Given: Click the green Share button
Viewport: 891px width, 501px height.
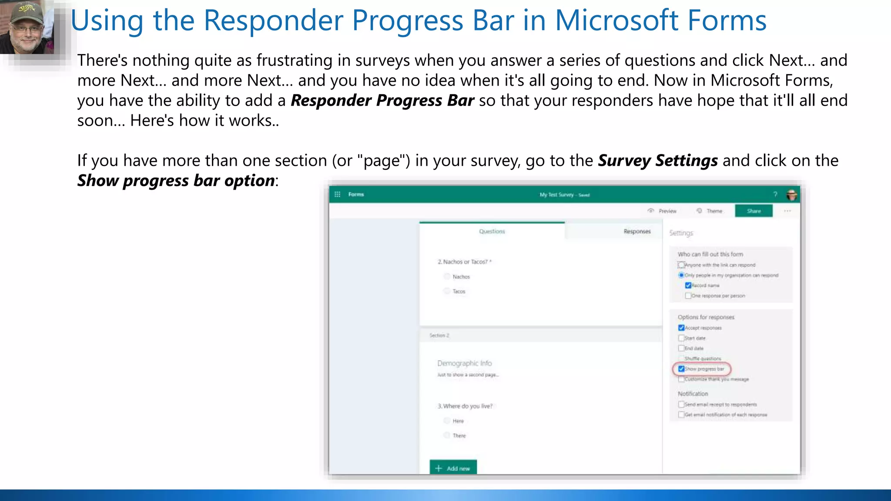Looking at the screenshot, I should [754, 211].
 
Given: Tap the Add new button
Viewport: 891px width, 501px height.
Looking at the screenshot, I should [453, 468].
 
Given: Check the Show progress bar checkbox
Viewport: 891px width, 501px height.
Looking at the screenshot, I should [681, 369].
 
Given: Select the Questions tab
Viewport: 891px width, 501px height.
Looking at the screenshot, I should [492, 231].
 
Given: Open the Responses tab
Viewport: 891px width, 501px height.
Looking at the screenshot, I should [636, 231].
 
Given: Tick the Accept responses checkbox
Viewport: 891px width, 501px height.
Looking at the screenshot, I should [681, 328].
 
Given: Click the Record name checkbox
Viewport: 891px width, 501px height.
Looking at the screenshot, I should [688, 285].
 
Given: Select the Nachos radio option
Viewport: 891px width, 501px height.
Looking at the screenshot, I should [447, 277].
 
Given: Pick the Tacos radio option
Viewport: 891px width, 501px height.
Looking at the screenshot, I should [447, 291].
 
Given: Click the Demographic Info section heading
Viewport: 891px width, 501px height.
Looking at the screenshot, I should [464, 363].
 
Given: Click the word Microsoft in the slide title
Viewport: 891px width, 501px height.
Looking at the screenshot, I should [616, 20].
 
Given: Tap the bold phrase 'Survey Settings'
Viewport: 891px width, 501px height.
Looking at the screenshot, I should [657, 160].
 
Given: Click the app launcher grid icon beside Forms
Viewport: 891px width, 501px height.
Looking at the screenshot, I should [337, 194].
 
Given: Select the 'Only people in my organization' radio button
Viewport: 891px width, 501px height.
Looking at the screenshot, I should [681, 275].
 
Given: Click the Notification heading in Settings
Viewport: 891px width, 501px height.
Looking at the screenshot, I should [693, 394].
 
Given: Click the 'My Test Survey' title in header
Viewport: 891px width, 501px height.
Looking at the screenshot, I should [556, 195].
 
